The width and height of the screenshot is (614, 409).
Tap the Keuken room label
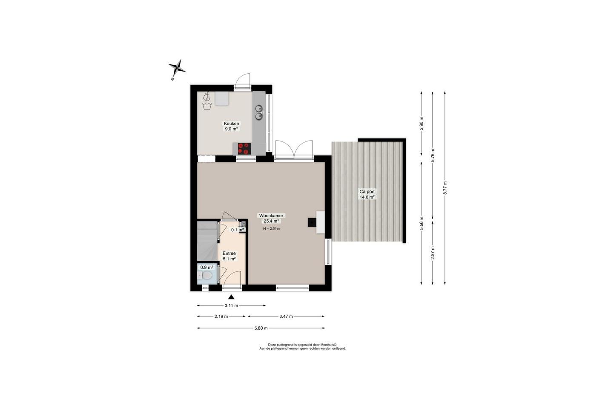(231, 124)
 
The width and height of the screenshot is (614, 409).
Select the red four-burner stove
(244, 149)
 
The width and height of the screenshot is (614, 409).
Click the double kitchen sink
(258, 112)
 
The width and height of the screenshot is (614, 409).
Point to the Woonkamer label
(271, 216)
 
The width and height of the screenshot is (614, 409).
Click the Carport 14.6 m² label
(367, 194)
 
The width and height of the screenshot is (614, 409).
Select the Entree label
(229, 253)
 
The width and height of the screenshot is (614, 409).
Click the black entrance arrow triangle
(232, 297)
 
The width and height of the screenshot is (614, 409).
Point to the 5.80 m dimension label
(261, 328)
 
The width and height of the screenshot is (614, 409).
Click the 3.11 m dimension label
(231, 305)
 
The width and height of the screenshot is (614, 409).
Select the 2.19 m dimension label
(221, 316)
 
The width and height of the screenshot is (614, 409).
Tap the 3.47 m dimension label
(286, 316)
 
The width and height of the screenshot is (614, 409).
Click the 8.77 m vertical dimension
(445, 188)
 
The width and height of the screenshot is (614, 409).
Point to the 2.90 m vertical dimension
(421, 124)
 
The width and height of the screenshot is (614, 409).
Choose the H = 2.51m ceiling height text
(271, 228)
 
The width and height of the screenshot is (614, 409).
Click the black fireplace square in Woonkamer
(312, 222)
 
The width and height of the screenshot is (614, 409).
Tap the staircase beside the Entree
(207, 241)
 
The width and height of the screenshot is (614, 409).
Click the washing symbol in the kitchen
(207, 106)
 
